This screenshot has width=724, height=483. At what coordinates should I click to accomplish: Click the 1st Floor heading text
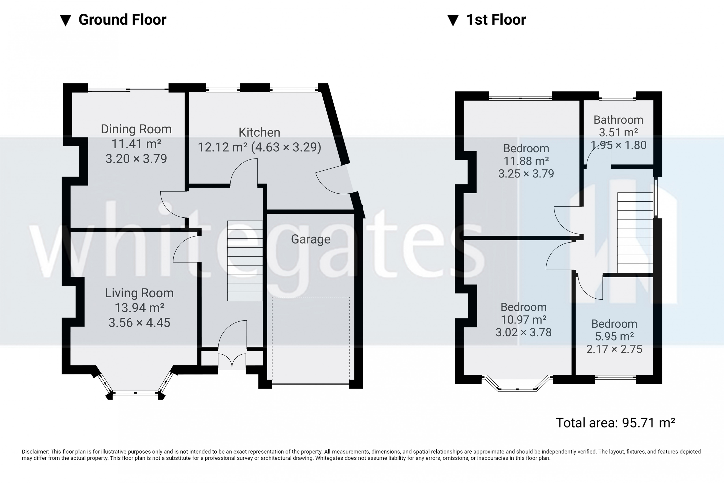tap(496, 20)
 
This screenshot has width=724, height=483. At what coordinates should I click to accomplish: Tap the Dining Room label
tap(136, 129)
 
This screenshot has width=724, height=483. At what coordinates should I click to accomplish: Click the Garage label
tap(311, 239)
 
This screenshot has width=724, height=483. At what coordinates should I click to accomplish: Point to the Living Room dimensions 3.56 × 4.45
tap(139, 322)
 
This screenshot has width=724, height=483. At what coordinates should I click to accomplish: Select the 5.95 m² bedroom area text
tap(614, 336)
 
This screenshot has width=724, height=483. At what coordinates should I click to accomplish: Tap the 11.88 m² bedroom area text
tap(526, 161)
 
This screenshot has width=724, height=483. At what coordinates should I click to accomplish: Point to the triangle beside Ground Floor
tap(66, 20)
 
